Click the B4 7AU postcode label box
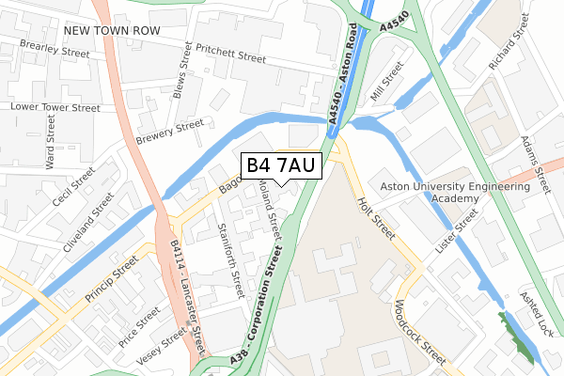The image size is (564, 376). (282, 165)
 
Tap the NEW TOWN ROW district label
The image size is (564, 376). (113, 31)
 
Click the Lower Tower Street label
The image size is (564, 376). (55, 108)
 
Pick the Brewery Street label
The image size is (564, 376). (169, 133)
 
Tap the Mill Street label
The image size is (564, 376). (385, 82)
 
